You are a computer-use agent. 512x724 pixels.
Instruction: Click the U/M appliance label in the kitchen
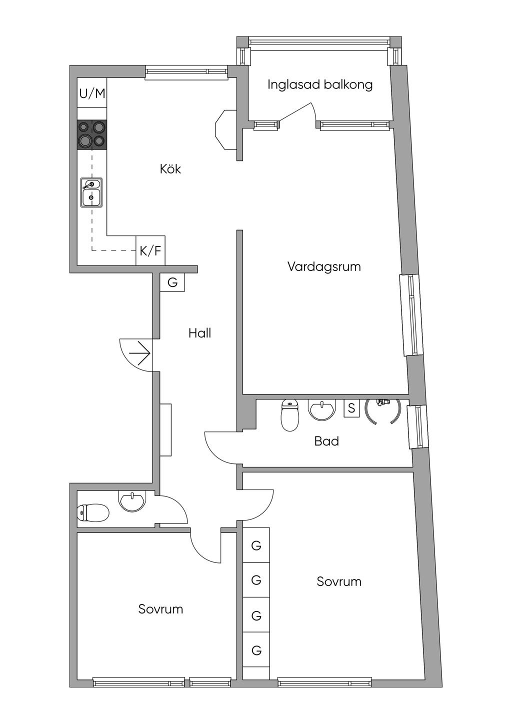[92, 93]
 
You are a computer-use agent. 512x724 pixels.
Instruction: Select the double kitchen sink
[91, 192]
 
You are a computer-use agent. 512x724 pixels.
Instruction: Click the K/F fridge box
[150, 250]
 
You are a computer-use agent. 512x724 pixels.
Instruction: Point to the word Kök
[170, 169]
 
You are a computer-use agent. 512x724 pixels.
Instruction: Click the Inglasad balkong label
[320, 84]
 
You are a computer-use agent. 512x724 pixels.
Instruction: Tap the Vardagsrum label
[324, 266]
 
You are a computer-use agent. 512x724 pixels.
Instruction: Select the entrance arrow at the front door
[140, 354]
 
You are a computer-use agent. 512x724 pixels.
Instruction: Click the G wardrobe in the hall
[172, 282]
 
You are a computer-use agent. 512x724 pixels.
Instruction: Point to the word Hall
[199, 333]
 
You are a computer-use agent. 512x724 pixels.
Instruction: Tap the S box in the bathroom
[351, 408]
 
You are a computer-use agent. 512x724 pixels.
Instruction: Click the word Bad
[326, 441]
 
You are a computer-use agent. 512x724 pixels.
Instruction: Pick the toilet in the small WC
[93, 512]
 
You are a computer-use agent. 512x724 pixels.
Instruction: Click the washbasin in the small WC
[132, 501]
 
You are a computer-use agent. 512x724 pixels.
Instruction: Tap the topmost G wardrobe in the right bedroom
[256, 545]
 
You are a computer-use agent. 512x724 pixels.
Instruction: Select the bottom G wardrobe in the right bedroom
[256, 650]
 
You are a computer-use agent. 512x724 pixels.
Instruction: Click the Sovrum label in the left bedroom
[160, 609]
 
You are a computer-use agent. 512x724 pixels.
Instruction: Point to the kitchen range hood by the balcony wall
[225, 130]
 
